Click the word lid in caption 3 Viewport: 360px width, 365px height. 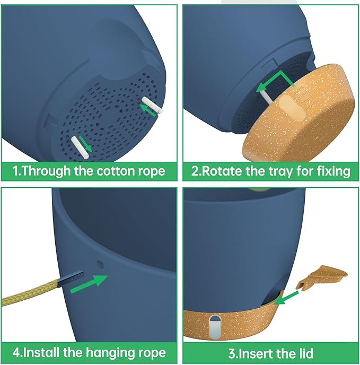point(304,353)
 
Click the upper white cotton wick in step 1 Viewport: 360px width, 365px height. point(153,105)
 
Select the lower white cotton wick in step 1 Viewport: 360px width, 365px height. point(80,147)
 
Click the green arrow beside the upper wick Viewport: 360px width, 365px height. point(147,110)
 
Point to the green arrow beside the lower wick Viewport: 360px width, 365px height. point(85,144)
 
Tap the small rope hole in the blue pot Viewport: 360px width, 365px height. point(100,264)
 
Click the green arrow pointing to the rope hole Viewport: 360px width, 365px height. point(89,284)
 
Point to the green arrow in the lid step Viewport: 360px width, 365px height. point(286,298)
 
